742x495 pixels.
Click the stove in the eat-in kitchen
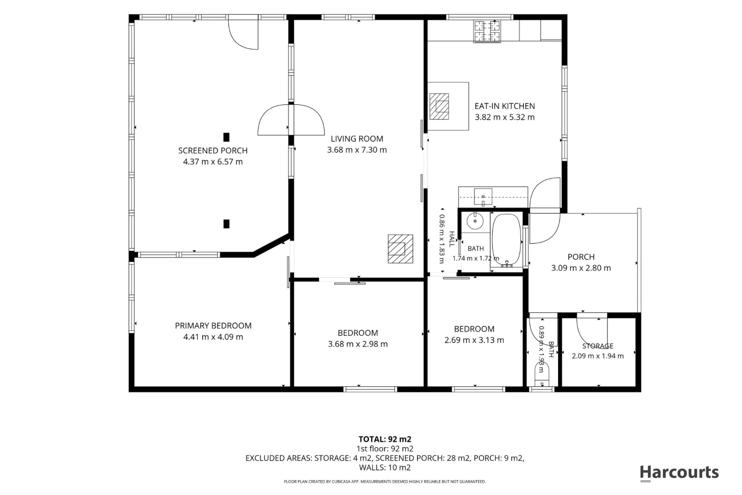tap(487, 31)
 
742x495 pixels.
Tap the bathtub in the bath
tap(507, 241)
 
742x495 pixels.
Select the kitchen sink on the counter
tap(483, 197)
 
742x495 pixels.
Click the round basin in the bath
tap(475, 221)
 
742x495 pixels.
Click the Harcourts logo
tap(679, 473)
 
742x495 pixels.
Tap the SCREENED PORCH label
tap(213, 150)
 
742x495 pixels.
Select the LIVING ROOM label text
tap(357, 139)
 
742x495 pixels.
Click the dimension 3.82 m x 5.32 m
tap(505, 117)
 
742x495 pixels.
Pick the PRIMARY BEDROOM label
tap(213, 326)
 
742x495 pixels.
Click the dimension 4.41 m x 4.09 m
tap(213, 337)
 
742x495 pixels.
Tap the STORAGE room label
tap(598, 346)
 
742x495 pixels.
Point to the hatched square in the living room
tap(400, 249)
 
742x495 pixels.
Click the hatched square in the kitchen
tap(439, 107)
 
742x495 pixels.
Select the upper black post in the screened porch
tap(226, 137)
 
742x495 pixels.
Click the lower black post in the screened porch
tap(226, 224)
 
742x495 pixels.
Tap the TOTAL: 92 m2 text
tap(385, 439)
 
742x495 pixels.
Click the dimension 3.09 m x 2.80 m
tap(581, 268)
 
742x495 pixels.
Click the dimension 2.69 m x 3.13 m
tap(474, 340)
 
